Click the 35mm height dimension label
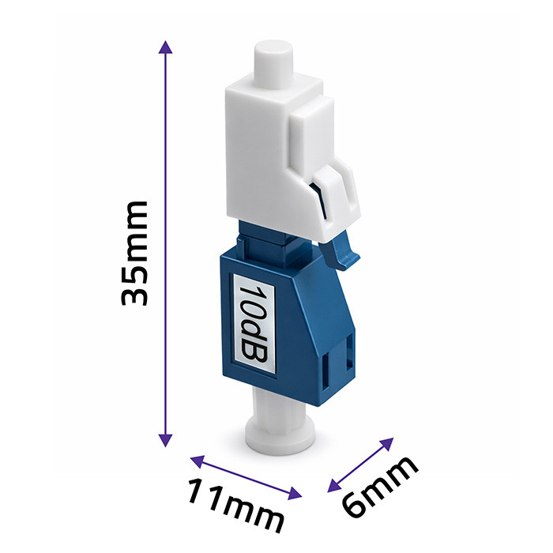[x=134, y=254]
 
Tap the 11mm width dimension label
[x=235, y=505]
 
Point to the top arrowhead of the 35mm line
[x=165, y=47]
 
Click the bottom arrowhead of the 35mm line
[x=165, y=441]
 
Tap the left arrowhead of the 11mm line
[x=197, y=461]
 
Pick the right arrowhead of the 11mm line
[x=295, y=493]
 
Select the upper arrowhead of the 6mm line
[x=387, y=444]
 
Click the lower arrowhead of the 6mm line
[x=334, y=486]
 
